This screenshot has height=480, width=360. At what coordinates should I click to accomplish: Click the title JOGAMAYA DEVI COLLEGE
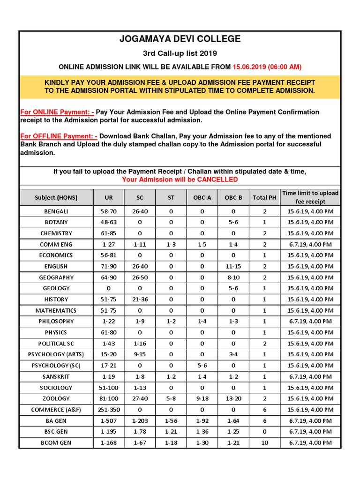180,39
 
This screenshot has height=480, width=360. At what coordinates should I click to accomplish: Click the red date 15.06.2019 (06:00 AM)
267,67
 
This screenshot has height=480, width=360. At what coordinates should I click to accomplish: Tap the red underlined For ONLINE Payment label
57,112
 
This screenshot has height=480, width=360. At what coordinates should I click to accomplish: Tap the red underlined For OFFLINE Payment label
59,136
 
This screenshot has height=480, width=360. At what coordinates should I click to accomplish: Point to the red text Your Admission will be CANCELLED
180,180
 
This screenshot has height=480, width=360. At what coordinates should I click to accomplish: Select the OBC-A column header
202,197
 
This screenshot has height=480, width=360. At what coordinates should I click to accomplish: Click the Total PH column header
265,197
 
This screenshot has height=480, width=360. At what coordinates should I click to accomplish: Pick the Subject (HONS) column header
56,197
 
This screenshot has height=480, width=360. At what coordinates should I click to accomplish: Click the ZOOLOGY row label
56,398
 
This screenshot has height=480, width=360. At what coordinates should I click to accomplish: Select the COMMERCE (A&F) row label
56,410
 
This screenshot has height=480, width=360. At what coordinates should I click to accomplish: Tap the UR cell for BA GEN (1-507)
109,420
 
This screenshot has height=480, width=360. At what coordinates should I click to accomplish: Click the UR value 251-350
109,410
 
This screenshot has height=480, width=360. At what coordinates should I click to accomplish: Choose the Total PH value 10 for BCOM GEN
265,442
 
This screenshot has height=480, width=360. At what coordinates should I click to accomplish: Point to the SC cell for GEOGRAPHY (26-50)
140,277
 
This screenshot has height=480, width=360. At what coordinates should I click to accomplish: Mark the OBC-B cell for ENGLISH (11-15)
233,266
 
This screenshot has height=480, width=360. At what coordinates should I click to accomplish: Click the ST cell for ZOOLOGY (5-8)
171,398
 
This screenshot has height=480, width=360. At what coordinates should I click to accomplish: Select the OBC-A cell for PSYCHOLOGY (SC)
202,366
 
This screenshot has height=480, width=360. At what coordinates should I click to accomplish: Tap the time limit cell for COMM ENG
310,244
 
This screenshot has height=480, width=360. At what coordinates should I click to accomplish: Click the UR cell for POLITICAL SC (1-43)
109,344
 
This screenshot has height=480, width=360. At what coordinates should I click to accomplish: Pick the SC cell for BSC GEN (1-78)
140,432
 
